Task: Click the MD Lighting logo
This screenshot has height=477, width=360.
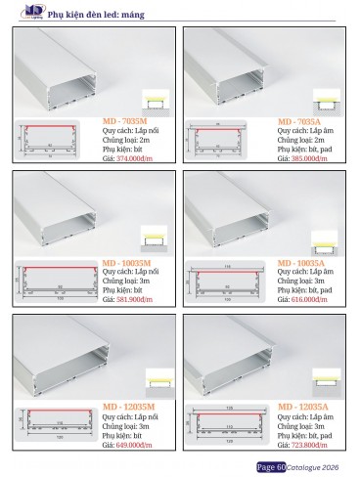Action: click(20, 12)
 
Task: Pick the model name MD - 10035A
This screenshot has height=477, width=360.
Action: click(303, 263)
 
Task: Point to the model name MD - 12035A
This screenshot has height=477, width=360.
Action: click(303, 406)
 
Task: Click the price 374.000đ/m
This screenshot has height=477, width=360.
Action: click(131, 158)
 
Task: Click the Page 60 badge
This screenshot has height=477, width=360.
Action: click(270, 467)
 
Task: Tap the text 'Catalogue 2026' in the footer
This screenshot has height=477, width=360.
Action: click(316, 467)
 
